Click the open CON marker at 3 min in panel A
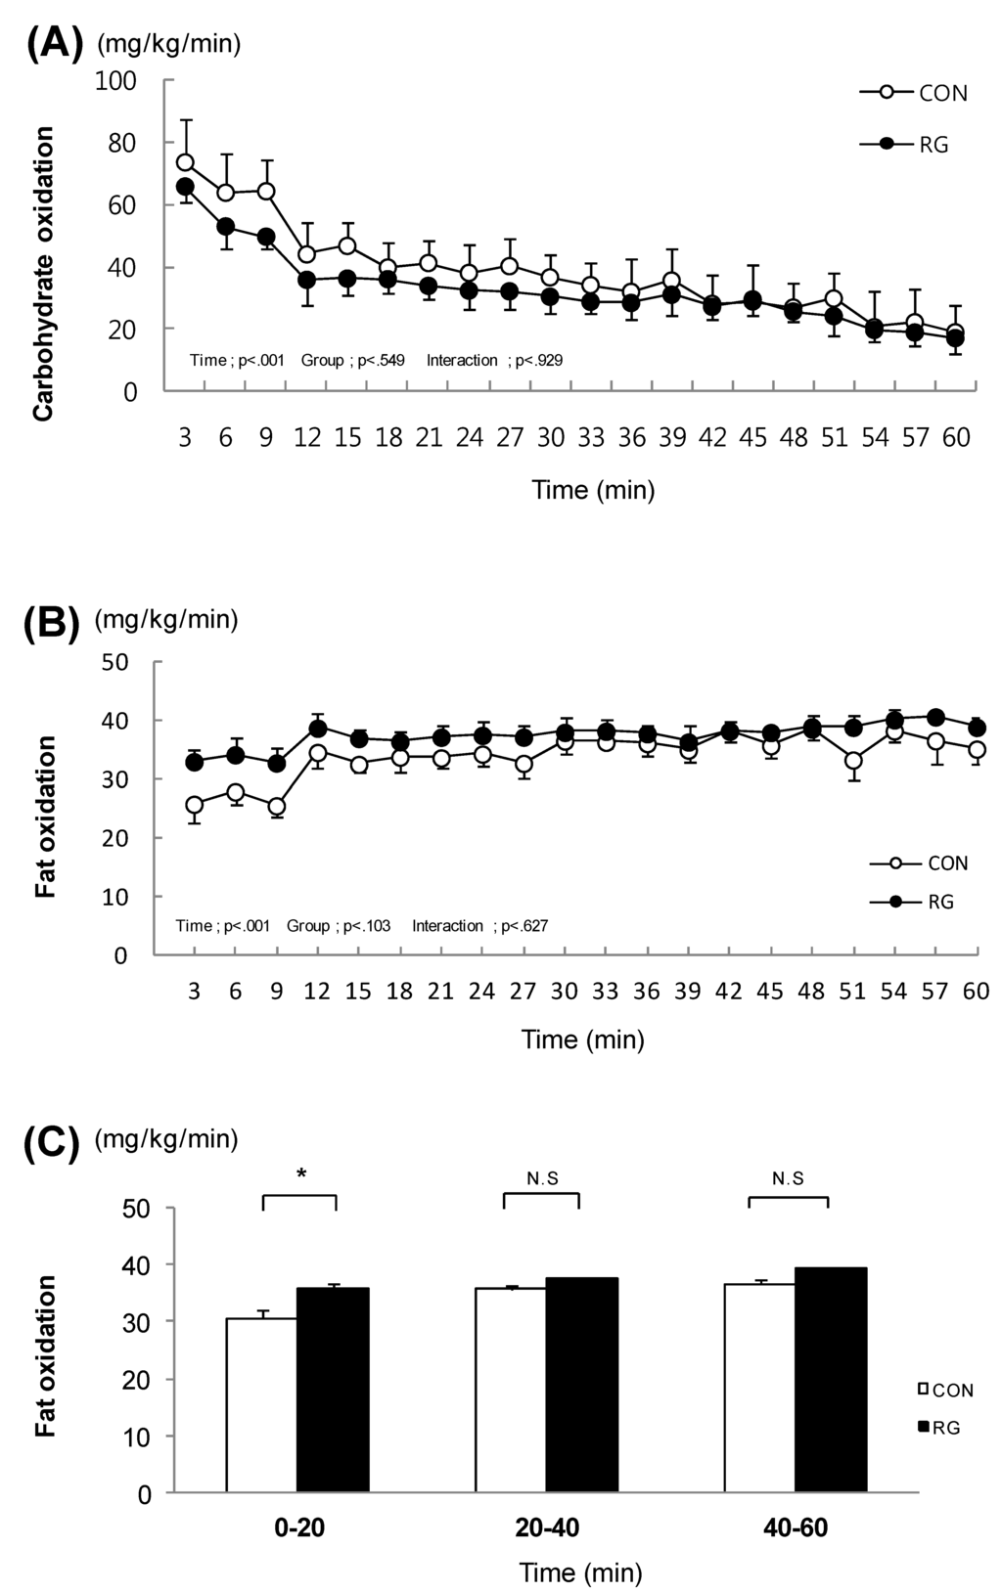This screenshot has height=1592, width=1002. coord(185,162)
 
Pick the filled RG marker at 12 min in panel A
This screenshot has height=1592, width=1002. coord(307,280)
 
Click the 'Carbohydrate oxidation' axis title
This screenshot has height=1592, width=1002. coord(43,274)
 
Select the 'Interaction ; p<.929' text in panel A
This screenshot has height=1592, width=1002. coord(494,361)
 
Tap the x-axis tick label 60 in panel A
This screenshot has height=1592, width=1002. coord(956,438)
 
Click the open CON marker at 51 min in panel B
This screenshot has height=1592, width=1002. coord(853,760)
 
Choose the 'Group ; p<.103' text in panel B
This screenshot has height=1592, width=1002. coord(339,925)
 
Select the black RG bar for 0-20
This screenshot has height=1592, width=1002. coord(333,1391)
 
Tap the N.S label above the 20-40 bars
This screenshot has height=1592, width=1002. coord(542,1179)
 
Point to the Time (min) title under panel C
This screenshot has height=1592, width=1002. coord(581,1572)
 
